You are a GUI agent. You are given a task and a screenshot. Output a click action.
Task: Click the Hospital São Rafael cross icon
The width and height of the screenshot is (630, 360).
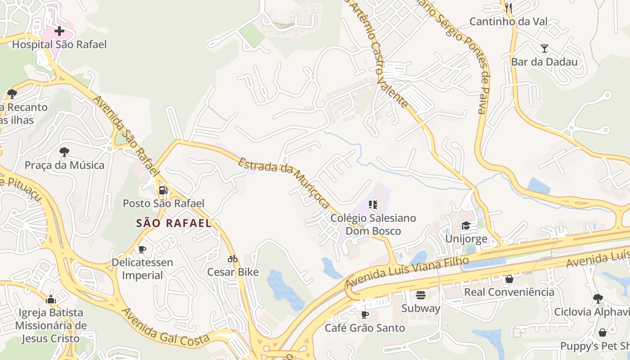coord(59,31)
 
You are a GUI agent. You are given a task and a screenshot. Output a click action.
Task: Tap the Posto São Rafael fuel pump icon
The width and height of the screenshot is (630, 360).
coord(163,190)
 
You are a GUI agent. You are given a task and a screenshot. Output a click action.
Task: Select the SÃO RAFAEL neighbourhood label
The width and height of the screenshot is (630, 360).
coord(174,223)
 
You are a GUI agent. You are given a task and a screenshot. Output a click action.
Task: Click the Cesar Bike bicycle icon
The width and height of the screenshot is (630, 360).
coord(233,259)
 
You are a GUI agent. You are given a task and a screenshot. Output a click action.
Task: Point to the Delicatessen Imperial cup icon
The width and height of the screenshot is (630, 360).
coord(142,249)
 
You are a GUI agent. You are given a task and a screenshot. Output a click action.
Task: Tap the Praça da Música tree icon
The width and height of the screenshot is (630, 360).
coord(64,152)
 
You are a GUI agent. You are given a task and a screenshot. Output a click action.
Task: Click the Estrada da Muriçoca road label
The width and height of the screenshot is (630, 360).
coord(284,183)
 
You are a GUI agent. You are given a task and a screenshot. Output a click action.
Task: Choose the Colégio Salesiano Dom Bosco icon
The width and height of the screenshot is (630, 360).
coord(373,205)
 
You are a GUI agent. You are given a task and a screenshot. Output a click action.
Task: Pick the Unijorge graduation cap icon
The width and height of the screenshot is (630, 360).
coord(466,225)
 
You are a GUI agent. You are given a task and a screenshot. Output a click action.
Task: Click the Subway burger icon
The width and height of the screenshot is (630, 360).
coord(421,295)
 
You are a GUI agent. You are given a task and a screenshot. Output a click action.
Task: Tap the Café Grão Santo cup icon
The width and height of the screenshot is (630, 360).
coord(365,315)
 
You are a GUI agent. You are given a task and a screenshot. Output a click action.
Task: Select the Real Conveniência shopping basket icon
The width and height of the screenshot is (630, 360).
coord(509,279)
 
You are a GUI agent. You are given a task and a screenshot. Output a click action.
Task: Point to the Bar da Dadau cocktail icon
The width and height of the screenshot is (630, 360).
coord(544,49)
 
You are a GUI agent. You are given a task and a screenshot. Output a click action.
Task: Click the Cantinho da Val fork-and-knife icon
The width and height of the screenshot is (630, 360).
coord(508,8)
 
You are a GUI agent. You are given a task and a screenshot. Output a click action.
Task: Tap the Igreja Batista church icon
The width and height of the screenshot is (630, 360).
coord(51,299)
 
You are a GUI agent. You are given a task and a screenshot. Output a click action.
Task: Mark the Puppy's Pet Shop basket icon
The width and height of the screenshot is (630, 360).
coord(603,333)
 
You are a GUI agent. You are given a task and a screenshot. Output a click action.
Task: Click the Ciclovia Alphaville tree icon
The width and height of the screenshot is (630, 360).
coord(598,299)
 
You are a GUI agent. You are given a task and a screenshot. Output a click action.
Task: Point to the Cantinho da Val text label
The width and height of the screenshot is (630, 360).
coord(508,21)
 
